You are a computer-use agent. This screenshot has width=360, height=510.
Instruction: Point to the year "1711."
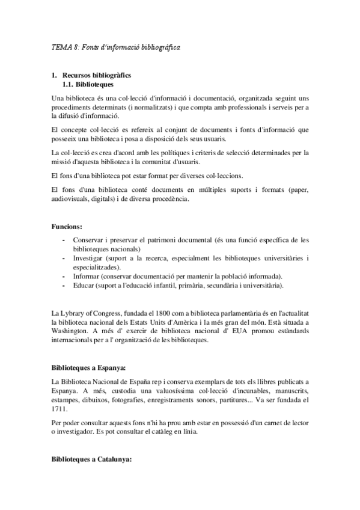[60, 408]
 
